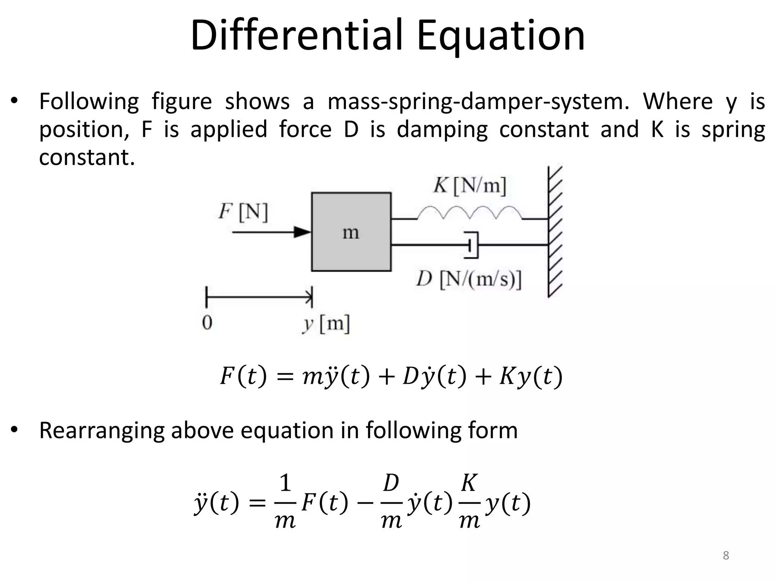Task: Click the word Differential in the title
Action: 296,36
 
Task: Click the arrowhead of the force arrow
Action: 303,232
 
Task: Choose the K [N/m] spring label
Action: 469,186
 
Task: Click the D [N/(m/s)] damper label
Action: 469,280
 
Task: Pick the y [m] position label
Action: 326,324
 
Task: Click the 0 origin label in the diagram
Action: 207,323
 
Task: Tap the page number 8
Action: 726,555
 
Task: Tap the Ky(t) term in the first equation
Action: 530,377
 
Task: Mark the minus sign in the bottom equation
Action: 365,504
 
